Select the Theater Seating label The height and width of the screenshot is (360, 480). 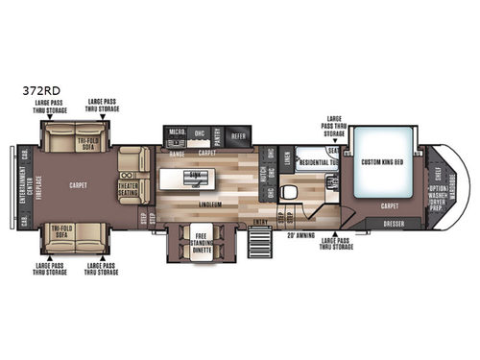pyautogui.click(x=128, y=187)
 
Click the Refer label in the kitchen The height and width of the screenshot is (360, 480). pyautogui.click(x=238, y=136)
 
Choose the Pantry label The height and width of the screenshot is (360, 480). pyautogui.click(x=217, y=135)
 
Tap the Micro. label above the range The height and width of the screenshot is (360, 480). pyautogui.click(x=177, y=132)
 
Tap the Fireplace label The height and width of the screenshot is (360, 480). pyautogui.click(x=38, y=181)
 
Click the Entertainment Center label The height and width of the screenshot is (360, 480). pyautogui.click(x=24, y=181)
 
